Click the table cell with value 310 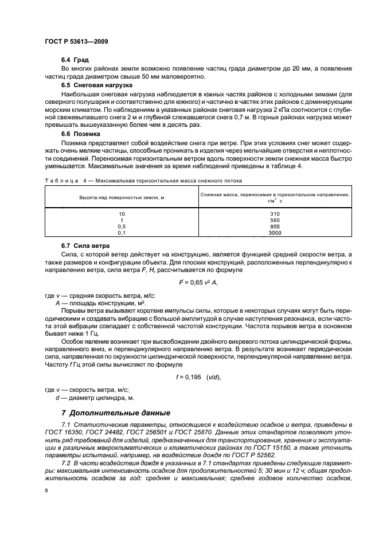click(274, 213)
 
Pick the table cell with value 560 click(274, 220)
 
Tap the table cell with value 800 click(274, 227)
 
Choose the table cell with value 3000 click(274, 233)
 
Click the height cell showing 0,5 click(122, 227)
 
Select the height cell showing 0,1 click(122, 233)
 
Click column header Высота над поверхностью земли click(122, 197)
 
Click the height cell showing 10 click(122, 213)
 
